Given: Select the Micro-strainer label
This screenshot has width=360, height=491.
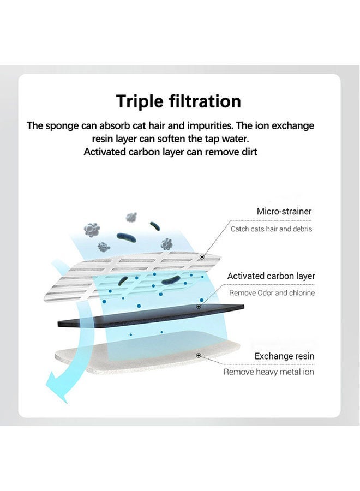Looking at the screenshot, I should point(284,211).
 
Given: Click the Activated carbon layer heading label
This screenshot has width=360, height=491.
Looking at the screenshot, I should point(271,276).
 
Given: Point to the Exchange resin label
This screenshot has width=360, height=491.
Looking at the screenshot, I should point(284,356).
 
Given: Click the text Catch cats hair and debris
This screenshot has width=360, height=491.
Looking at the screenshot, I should point(271,229).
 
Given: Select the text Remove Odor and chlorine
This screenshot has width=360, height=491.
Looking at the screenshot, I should point(272,293).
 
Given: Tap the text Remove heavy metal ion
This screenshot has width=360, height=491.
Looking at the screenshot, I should point(269,372).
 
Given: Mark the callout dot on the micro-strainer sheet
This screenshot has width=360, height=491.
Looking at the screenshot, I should point(202,256).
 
